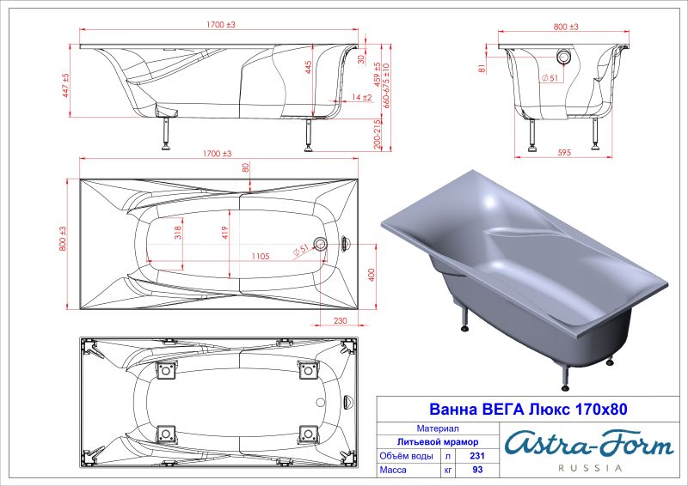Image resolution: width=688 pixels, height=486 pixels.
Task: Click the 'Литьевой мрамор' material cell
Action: (438, 442)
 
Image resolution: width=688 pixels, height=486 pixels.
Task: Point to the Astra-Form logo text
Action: (588, 444)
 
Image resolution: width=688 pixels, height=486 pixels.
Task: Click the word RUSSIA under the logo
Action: (590, 469)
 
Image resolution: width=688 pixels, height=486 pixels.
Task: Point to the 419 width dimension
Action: (224, 232)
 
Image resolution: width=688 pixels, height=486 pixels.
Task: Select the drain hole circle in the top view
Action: (321, 244)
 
